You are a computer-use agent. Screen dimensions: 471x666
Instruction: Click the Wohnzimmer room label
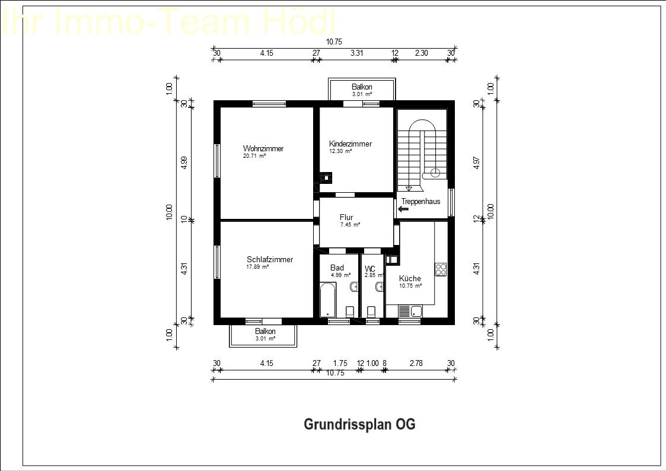click(x=263, y=148)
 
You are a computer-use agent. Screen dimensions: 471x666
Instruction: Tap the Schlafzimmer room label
click(x=270, y=259)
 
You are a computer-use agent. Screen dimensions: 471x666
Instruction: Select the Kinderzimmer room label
click(x=350, y=144)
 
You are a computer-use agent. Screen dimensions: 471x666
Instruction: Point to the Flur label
click(x=346, y=217)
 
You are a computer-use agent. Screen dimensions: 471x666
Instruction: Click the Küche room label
click(x=410, y=278)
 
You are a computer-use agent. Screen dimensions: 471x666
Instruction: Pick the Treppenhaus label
click(x=420, y=201)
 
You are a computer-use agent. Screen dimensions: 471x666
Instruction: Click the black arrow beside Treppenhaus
click(x=404, y=209)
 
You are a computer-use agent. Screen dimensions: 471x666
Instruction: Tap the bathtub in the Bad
click(x=327, y=300)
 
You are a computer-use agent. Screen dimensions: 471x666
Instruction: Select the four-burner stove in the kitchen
click(x=441, y=269)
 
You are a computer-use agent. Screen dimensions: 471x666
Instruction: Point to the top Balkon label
click(x=362, y=87)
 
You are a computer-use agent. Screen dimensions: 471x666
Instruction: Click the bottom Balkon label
click(x=265, y=331)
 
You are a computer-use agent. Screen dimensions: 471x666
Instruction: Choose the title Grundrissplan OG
click(x=359, y=425)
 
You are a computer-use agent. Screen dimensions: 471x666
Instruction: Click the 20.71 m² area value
click(x=254, y=156)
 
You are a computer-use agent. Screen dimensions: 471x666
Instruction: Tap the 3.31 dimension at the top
click(x=356, y=53)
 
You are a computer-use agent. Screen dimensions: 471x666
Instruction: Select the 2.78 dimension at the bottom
click(x=416, y=363)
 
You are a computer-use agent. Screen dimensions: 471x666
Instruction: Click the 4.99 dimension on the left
click(x=184, y=163)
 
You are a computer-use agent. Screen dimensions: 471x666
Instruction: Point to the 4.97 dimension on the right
click(x=476, y=163)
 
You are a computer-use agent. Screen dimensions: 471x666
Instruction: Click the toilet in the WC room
click(x=372, y=311)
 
